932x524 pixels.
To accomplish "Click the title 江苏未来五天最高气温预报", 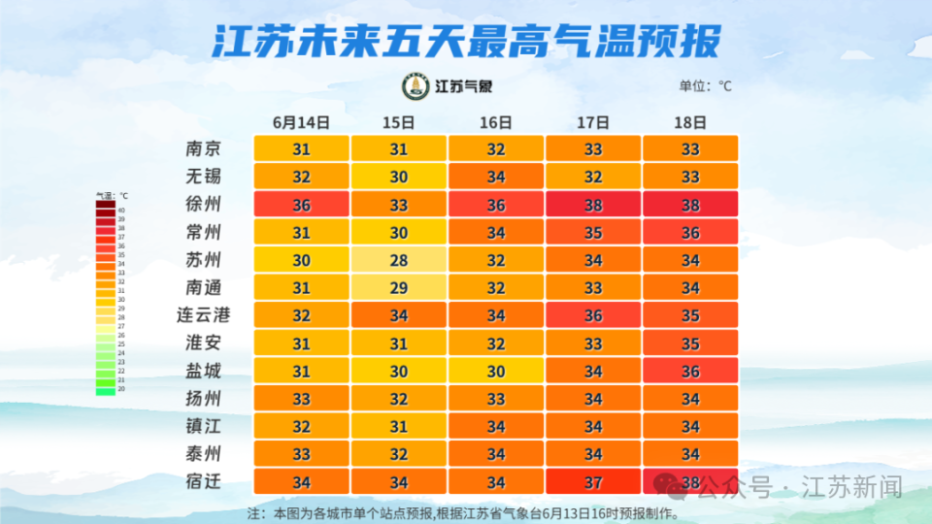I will point(466,42).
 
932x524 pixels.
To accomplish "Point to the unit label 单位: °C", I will point(705,86).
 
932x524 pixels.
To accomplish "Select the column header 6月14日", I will point(301,122).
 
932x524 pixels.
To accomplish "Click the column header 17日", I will point(592,122).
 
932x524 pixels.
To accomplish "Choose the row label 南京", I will point(204,149).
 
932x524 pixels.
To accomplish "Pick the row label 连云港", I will point(204,315).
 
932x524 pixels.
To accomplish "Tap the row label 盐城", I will point(204,371).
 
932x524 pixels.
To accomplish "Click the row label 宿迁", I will point(204,481).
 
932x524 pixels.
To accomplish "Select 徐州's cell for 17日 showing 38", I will point(592,205).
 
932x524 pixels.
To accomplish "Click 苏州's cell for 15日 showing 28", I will point(398,260).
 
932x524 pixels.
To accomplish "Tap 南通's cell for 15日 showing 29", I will point(398,287).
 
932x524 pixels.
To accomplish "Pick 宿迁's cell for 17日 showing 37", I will point(592,481).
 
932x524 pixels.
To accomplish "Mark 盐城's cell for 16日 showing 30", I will point(495,371).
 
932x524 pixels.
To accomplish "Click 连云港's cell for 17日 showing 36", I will point(592,315).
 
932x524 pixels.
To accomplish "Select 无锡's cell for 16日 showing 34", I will point(495,178).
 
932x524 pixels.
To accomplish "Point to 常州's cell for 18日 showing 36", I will point(689,233).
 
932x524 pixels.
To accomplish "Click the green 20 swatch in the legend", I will point(105,390).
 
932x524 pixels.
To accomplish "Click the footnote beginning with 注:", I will point(463,512).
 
